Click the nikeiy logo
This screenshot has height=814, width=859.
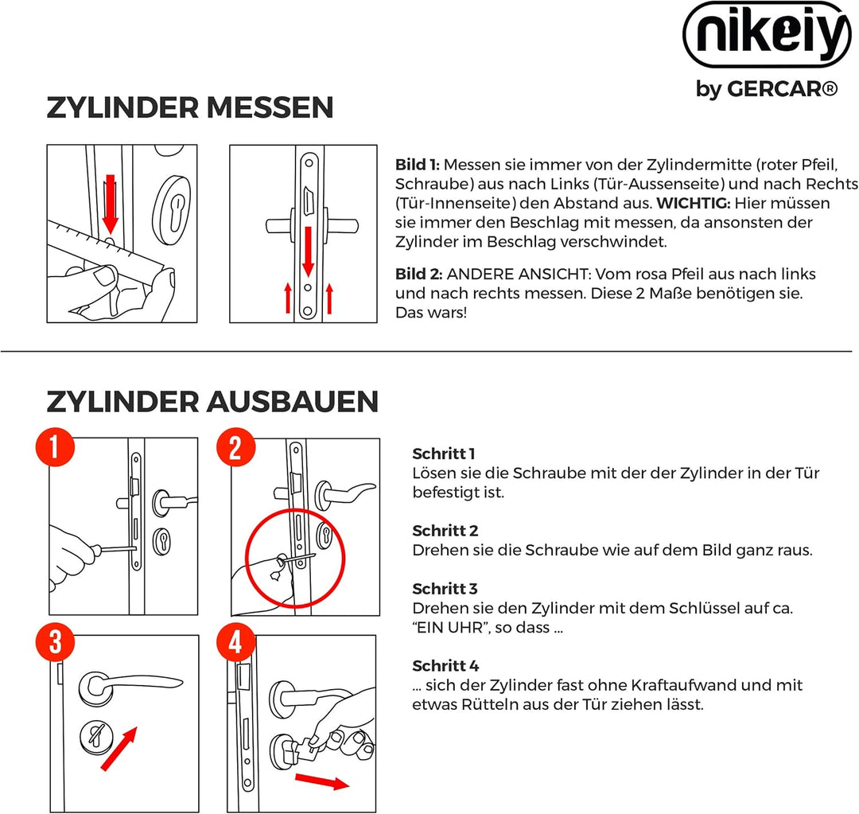tap(766, 37)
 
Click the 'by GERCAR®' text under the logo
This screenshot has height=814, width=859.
tap(766, 88)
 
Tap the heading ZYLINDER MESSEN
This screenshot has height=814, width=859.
tap(189, 107)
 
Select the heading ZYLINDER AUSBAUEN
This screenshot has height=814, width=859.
tap(212, 402)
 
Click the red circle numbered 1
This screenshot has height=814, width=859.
tap(54, 449)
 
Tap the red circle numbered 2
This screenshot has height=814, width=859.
tap(235, 449)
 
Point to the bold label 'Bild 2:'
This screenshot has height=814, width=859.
tap(418, 274)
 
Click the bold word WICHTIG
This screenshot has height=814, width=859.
tap(692, 204)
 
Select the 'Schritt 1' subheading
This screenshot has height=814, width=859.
tap(443, 454)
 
